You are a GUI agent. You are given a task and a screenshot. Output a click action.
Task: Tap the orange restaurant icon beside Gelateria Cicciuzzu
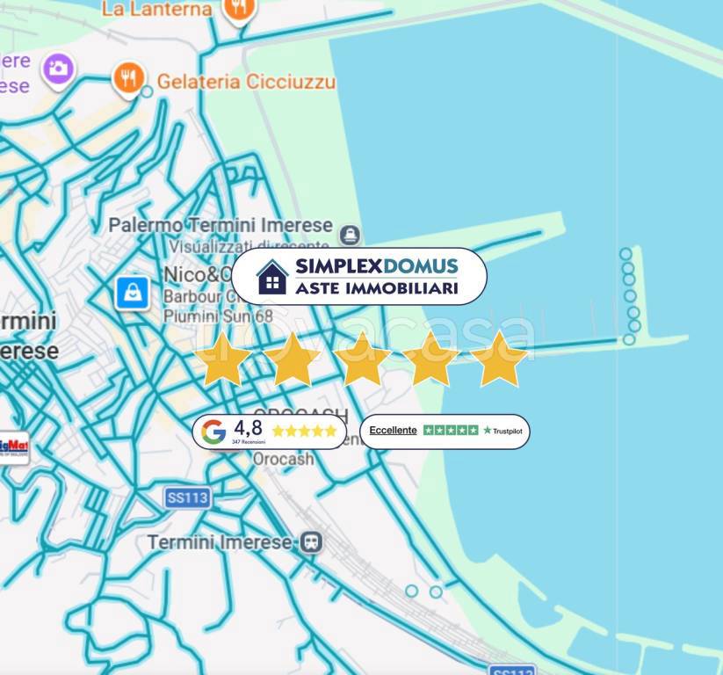[128, 79]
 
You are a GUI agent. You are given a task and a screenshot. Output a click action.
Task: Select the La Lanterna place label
[156, 10]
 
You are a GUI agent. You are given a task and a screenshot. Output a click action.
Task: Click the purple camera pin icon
[59, 68]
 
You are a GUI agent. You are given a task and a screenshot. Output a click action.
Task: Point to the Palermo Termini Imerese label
[221, 225]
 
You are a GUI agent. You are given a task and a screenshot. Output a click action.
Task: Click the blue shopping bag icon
[133, 293]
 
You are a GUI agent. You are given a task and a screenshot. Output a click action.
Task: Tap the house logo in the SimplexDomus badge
[272, 277]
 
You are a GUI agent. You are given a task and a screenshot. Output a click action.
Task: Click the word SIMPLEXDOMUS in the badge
[376, 266]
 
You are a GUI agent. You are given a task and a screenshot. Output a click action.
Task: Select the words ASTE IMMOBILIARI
[376, 287]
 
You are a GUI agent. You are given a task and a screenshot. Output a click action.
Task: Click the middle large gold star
[361, 359]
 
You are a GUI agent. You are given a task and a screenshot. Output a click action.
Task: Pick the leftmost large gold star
[223, 359]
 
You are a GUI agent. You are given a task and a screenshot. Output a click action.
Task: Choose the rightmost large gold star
[499, 359]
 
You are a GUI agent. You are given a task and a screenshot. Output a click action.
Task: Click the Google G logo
[213, 432]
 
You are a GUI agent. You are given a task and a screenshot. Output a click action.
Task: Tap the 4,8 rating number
[248, 428]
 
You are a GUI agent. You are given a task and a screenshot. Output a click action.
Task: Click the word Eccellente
[393, 430]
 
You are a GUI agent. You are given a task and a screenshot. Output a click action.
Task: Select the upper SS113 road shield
[187, 497]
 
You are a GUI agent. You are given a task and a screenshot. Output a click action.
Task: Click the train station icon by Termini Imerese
[310, 542]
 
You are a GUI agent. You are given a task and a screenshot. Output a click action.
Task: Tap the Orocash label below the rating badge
[284, 460]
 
